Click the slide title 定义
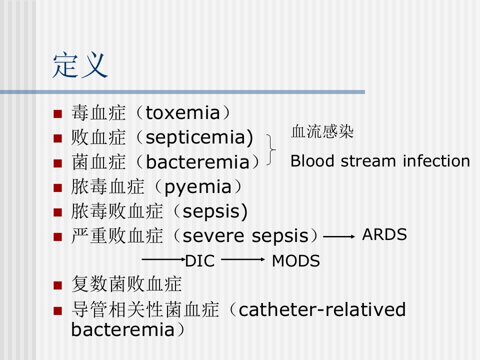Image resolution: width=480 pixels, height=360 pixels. click(x=80, y=65)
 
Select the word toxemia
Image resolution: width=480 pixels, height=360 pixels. click(x=183, y=112)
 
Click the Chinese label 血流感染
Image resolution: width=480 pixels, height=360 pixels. click(x=322, y=131)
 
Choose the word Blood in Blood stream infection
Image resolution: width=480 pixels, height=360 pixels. click(x=312, y=160)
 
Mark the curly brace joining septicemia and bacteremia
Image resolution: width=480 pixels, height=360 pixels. click(x=271, y=149)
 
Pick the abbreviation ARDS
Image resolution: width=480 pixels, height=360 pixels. click(x=384, y=234)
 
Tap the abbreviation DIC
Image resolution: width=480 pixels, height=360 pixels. click(x=200, y=261)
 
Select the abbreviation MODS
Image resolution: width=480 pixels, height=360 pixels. click(x=295, y=261)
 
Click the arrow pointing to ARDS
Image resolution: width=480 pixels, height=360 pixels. click(x=339, y=236)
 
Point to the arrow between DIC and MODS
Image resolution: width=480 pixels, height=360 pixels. click(x=243, y=259)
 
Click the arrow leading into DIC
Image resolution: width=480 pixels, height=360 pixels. click(x=164, y=259)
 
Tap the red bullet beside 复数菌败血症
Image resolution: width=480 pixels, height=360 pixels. click(x=57, y=285)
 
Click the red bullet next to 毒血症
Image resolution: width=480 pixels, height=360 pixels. click(x=57, y=114)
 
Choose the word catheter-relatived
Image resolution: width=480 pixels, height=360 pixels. click(x=322, y=309)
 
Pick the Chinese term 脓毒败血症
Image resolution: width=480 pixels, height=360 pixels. click(x=117, y=211)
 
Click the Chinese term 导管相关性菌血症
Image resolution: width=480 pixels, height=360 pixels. click(x=145, y=309)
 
